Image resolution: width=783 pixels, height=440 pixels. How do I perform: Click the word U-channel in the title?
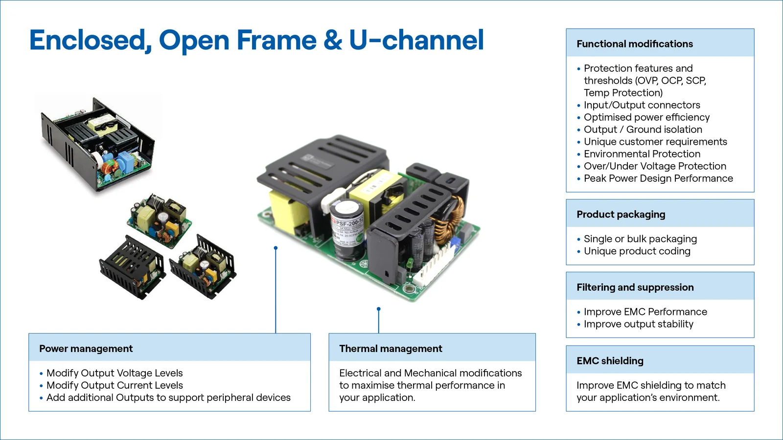pos(416,40)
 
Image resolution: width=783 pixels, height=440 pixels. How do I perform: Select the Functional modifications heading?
pos(634,44)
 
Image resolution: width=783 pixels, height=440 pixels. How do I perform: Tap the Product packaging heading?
pos(621,214)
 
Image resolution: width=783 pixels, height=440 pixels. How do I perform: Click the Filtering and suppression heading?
pos(635,287)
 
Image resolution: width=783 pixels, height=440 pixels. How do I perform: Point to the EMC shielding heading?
pos(610,361)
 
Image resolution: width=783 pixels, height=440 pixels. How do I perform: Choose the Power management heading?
pos(86,349)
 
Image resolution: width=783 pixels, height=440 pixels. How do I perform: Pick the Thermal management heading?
pos(391,349)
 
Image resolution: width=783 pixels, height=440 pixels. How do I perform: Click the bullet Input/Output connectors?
pos(642,105)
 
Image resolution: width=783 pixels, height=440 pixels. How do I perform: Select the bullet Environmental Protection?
pos(642,154)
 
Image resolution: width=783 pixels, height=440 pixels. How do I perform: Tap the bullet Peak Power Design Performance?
pos(658,178)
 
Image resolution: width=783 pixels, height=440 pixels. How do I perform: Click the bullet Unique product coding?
pos(637,251)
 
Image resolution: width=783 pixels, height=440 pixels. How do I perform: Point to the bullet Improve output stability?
pos(638,324)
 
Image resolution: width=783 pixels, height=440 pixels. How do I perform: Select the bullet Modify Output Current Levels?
pos(115,385)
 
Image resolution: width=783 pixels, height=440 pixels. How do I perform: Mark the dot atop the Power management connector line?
pos(276,248)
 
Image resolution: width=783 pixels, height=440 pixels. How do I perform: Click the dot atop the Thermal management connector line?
pos(378,309)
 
